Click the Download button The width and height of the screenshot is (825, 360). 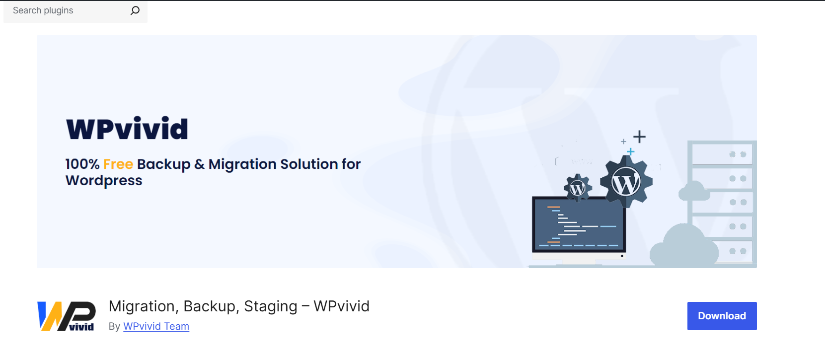click(722, 316)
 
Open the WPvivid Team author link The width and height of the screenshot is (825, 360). click(156, 326)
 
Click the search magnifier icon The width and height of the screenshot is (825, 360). click(135, 10)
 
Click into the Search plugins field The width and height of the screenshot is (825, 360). click(66, 10)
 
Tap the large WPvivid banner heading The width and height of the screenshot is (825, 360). click(127, 128)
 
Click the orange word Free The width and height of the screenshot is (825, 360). click(118, 164)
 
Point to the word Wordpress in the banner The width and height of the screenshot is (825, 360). click(104, 181)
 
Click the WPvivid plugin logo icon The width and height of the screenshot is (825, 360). click(66, 316)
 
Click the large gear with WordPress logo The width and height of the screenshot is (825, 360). click(626, 182)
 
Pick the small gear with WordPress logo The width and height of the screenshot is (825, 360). click(578, 188)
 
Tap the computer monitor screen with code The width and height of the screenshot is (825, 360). click(579, 224)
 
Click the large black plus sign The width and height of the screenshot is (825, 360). click(639, 137)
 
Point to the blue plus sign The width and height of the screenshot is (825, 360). click(630, 151)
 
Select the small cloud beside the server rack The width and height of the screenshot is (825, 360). click(694, 191)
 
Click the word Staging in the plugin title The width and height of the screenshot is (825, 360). click(271, 307)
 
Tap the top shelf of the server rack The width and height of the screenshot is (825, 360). click(722, 154)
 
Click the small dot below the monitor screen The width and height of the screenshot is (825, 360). click(622, 256)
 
